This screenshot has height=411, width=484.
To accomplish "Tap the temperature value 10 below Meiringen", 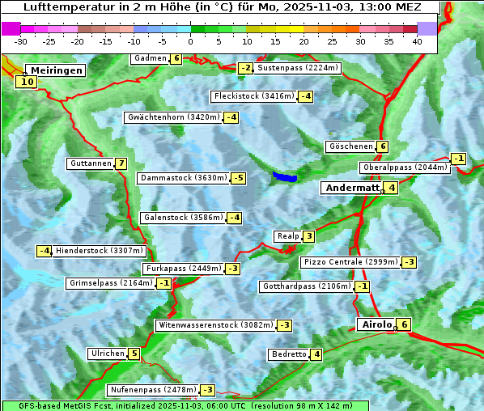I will click(27, 82).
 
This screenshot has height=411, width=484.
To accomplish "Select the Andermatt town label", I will click(351, 188).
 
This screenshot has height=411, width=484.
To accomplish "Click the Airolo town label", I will click(376, 324).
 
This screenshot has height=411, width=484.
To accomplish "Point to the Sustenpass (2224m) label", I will click(298, 68).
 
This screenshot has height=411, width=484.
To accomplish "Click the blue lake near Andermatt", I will click(284, 176).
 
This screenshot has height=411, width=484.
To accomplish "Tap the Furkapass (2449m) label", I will click(182, 268).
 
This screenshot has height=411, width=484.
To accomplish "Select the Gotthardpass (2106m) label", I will click(306, 286).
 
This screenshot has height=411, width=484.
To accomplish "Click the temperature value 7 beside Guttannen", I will click(121, 163).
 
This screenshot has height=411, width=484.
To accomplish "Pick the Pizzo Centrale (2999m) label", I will click(350, 262).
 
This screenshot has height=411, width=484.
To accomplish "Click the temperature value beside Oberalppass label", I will click(459, 159).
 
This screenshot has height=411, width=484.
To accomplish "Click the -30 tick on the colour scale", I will click(22, 41).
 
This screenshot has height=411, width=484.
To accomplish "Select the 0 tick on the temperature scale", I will click(191, 41).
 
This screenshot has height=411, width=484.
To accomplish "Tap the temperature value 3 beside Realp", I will click(308, 236).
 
